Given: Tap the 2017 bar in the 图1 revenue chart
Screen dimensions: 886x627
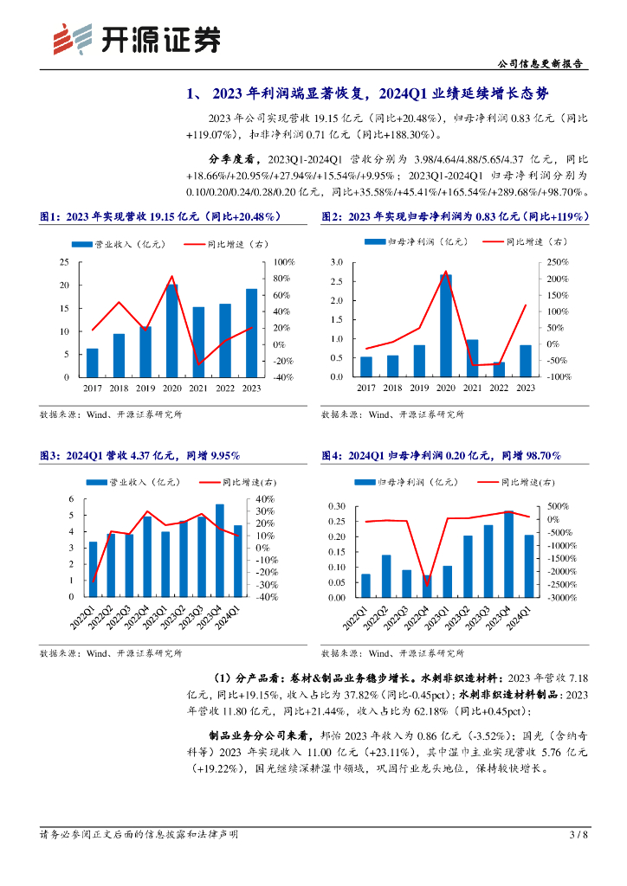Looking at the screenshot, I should [x=93, y=363].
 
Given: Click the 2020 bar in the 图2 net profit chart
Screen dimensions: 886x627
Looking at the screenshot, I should [x=445, y=325].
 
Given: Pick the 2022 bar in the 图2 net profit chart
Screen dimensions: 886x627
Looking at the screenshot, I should [x=499, y=369].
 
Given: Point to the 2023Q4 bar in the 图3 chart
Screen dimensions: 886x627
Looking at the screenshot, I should [x=220, y=550].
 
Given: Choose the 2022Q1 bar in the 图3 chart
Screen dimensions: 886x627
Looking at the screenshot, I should [x=93, y=568].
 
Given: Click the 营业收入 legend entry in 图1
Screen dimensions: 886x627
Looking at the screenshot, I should [x=112, y=244].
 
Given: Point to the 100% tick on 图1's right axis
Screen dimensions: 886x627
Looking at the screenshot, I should [x=284, y=262].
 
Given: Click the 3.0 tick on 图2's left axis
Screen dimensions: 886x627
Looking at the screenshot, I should [x=338, y=262].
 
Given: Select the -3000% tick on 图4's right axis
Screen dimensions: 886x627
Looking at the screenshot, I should [x=558, y=597].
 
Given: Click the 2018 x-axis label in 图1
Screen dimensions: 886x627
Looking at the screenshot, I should [x=119, y=388].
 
